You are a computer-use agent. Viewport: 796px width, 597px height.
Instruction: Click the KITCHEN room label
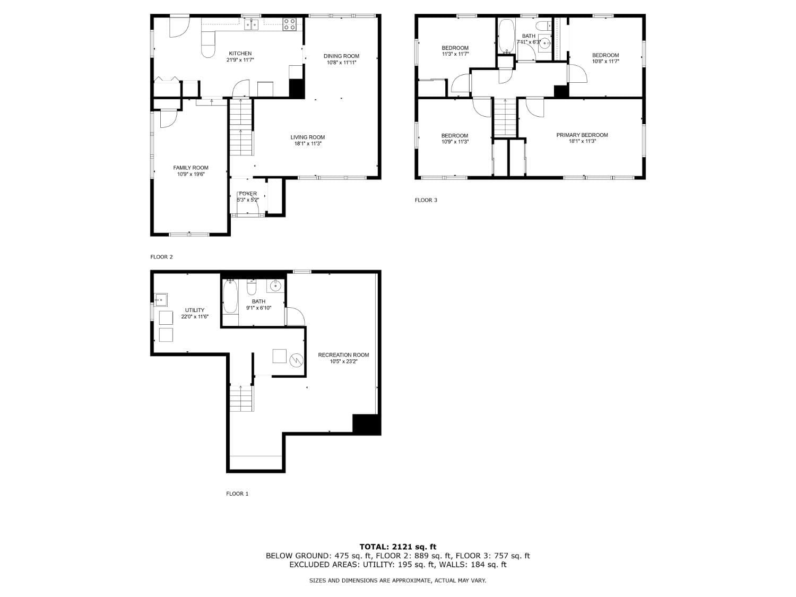click(240, 54)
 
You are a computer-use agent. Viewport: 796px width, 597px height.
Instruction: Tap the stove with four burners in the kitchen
click(290, 24)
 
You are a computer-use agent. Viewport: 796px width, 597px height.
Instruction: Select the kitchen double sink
click(251, 24)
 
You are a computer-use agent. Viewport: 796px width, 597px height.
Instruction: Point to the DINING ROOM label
click(341, 56)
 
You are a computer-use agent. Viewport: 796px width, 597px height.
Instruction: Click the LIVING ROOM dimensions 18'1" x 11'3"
click(308, 144)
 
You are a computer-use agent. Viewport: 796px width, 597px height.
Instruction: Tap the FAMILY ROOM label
click(191, 168)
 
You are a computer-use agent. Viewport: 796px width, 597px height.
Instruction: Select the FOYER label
click(248, 194)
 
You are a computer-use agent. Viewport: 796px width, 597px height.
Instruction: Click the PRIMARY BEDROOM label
click(582, 135)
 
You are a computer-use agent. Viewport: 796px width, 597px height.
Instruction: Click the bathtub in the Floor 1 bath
click(230, 296)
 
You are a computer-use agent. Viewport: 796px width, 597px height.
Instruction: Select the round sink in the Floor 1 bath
click(275, 286)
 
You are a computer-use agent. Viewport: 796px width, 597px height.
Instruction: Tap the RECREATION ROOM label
click(343, 355)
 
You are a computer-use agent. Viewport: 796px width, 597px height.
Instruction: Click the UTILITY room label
click(194, 310)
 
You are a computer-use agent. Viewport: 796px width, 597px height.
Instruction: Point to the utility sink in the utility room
click(161, 300)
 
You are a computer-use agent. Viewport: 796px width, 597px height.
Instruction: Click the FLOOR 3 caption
click(426, 200)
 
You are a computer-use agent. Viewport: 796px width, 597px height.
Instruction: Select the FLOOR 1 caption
click(237, 494)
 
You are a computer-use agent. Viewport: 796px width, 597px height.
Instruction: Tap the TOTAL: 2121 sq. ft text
click(397, 547)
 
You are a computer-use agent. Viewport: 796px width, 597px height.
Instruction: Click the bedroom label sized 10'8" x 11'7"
click(605, 55)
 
